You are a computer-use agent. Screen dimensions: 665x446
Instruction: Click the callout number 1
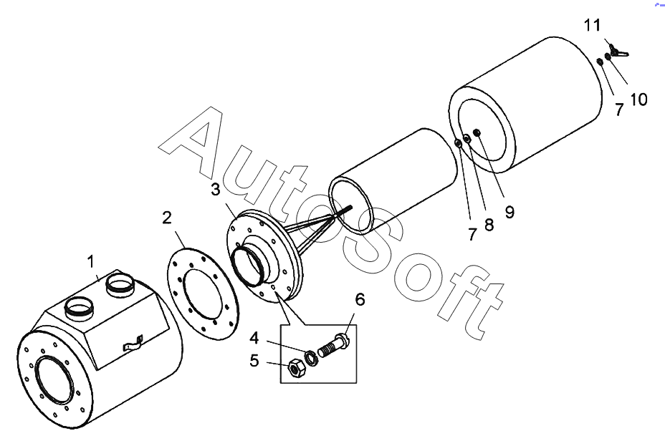tap(91, 262)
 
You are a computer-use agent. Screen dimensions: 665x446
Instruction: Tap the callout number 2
tap(167, 218)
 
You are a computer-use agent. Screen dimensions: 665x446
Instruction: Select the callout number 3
tap(216, 189)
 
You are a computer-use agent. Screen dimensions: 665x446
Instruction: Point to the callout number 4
tap(254, 338)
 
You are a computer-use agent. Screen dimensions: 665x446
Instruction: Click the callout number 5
tap(254, 361)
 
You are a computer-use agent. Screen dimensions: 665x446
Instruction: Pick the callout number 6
tap(360, 299)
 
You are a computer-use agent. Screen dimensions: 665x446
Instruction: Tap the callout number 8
tap(489, 225)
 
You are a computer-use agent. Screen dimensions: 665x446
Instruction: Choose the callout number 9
tap(509, 212)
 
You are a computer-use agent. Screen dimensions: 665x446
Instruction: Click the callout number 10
tap(638, 100)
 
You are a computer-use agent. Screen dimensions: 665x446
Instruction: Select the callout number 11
tap(593, 25)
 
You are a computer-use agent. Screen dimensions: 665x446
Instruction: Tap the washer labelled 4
tap(311, 359)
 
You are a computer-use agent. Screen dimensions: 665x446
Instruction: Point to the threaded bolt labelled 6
tap(333, 346)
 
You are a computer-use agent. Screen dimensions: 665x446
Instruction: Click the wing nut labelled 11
tap(618, 52)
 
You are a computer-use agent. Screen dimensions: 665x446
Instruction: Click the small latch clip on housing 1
tap(133, 344)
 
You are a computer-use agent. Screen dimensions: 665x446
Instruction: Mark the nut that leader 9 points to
tap(477, 133)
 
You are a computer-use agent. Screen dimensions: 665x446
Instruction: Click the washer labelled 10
tap(608, 57)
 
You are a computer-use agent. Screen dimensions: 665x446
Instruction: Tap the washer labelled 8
tap(467, 138)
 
